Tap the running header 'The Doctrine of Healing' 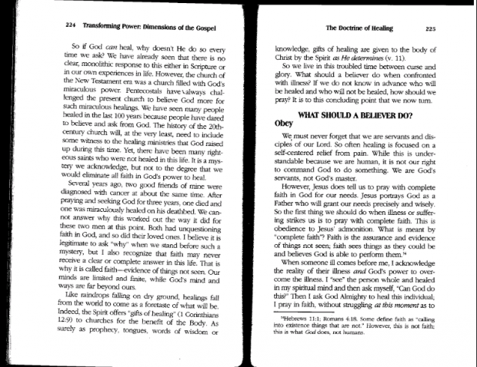[x=362, y=28]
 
